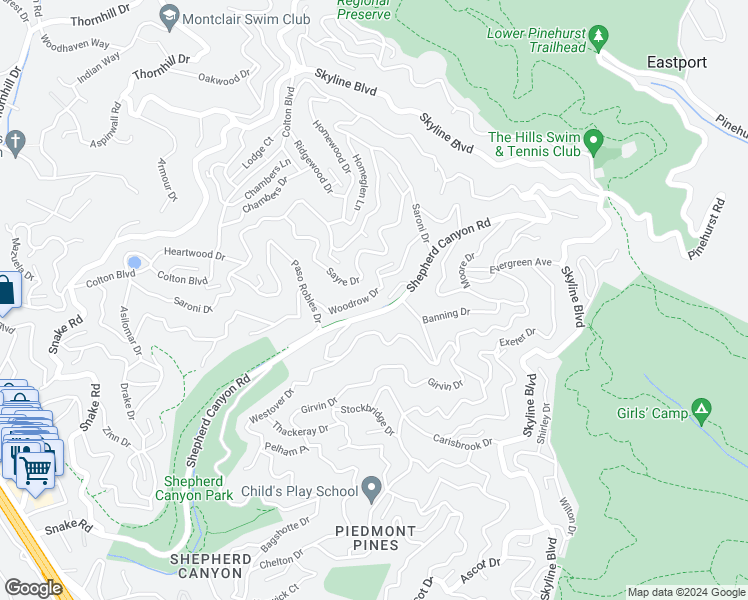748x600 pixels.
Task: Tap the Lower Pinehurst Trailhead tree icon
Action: coord(599,38)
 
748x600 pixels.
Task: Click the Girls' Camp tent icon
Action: coord(702,408)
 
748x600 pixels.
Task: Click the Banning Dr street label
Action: coord(445,314)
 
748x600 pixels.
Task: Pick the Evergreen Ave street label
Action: coord(521,264)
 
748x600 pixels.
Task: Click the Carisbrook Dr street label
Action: coord(462,441)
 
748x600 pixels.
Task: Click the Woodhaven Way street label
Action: coord(73,44)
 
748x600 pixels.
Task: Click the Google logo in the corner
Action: coord(33,588)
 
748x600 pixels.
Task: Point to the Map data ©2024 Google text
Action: coord(685,592)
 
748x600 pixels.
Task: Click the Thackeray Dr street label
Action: coord(300,430)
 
